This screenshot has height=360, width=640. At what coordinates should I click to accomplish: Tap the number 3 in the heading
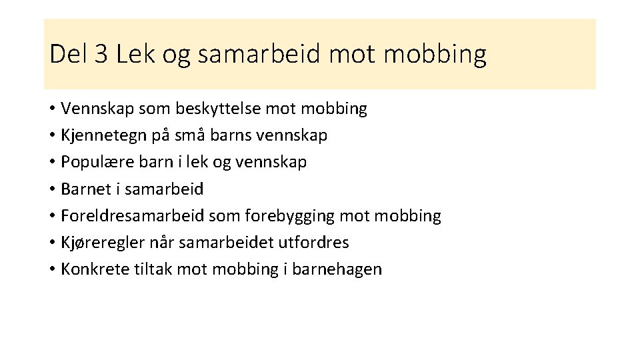[101, 54]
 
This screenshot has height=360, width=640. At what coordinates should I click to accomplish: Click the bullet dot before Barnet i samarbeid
[52, 190]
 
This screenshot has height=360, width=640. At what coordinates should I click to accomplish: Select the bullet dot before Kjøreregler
[52, 243]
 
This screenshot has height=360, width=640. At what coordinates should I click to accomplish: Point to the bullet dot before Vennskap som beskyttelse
[52, 109]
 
